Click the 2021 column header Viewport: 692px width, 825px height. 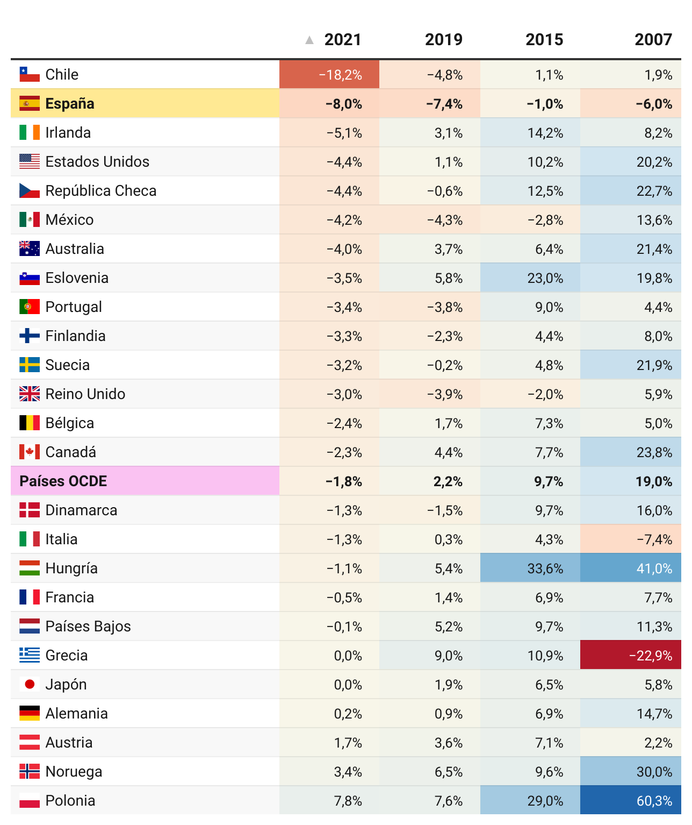point(342,40)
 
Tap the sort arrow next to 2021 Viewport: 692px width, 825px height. point(309,40)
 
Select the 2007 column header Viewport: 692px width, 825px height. point(653,40)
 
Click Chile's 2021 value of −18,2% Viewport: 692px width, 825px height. point(340,75)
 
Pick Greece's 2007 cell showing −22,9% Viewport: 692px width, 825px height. point(650,656)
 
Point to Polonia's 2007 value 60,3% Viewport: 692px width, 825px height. point(654,801)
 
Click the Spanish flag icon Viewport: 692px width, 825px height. point(30,104)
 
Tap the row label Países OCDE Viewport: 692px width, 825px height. point(63,481)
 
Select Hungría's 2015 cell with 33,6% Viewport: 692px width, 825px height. point(545,568)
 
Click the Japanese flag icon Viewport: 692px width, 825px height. point(30,685)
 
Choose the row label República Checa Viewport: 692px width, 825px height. point(101,191)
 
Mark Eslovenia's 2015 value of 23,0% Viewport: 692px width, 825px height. point(545,278)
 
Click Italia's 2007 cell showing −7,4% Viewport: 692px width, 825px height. point(654,539)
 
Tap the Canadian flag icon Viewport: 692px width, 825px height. point(30,452)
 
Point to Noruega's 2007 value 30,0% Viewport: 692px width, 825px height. point(654,772)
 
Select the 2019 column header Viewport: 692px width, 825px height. point(443,40)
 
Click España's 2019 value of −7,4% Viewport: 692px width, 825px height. point(444,104)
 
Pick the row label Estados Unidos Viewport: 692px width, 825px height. point(97,162)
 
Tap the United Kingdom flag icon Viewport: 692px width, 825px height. point(30,394)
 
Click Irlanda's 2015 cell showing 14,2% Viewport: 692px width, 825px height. point(545,133)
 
